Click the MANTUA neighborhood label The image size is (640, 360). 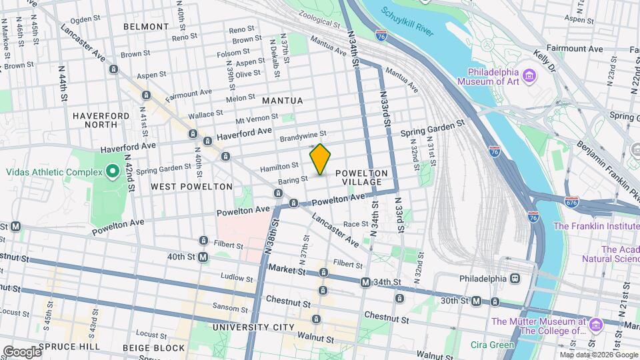point(282,101)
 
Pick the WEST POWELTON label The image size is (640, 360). point(191,187)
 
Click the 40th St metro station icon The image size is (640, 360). point(203,257)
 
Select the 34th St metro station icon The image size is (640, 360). point(365,283)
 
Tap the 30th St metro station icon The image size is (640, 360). point(476,301)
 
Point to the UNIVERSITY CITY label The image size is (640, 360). point(253,327)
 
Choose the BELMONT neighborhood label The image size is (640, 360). point(146,27)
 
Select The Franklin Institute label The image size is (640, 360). point(596,226)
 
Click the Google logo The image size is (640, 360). point(21,351)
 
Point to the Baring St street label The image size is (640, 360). point(294,179)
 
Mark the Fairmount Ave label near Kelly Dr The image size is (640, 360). point(574,49)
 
